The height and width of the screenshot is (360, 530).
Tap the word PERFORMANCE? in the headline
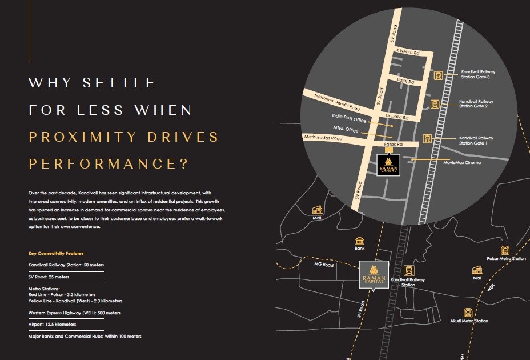pos(109,164)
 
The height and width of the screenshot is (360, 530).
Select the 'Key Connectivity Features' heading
pos(56,253)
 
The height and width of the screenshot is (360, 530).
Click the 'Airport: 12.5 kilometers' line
pos(52,324)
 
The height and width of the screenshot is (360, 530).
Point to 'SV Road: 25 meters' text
pos(49,277)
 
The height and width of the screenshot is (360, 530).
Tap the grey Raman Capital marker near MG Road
pos(374,277)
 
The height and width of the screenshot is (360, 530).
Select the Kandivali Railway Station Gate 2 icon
pos(435,105)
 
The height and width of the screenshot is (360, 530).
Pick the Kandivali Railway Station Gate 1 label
pos(476,141)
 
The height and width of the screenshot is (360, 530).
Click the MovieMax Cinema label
pos(462,163)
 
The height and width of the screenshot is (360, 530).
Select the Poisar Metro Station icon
pos(505,250)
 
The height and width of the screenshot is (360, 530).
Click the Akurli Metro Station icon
pos(468,313)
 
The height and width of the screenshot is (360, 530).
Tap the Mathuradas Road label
pos(323,138)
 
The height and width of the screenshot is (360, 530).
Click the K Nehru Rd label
pos(408,51)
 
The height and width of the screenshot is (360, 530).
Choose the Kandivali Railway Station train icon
pos(408,270)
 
